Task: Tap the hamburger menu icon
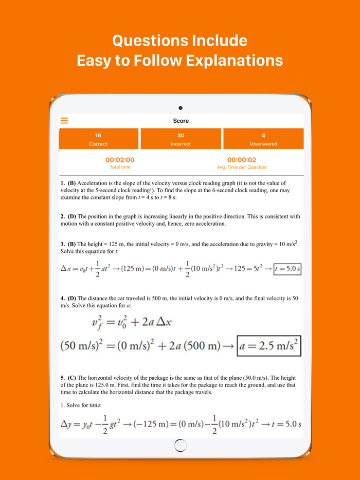64,121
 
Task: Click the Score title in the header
181,121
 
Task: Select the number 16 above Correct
98,136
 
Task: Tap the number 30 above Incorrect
181,136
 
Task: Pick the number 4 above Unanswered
263,136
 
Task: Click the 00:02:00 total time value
120,160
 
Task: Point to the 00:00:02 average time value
242,160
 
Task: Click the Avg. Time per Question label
242,167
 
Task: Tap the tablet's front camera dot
181,107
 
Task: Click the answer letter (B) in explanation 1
71,183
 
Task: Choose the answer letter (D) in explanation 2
71,216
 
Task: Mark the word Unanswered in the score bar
263,144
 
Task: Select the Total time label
120,167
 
